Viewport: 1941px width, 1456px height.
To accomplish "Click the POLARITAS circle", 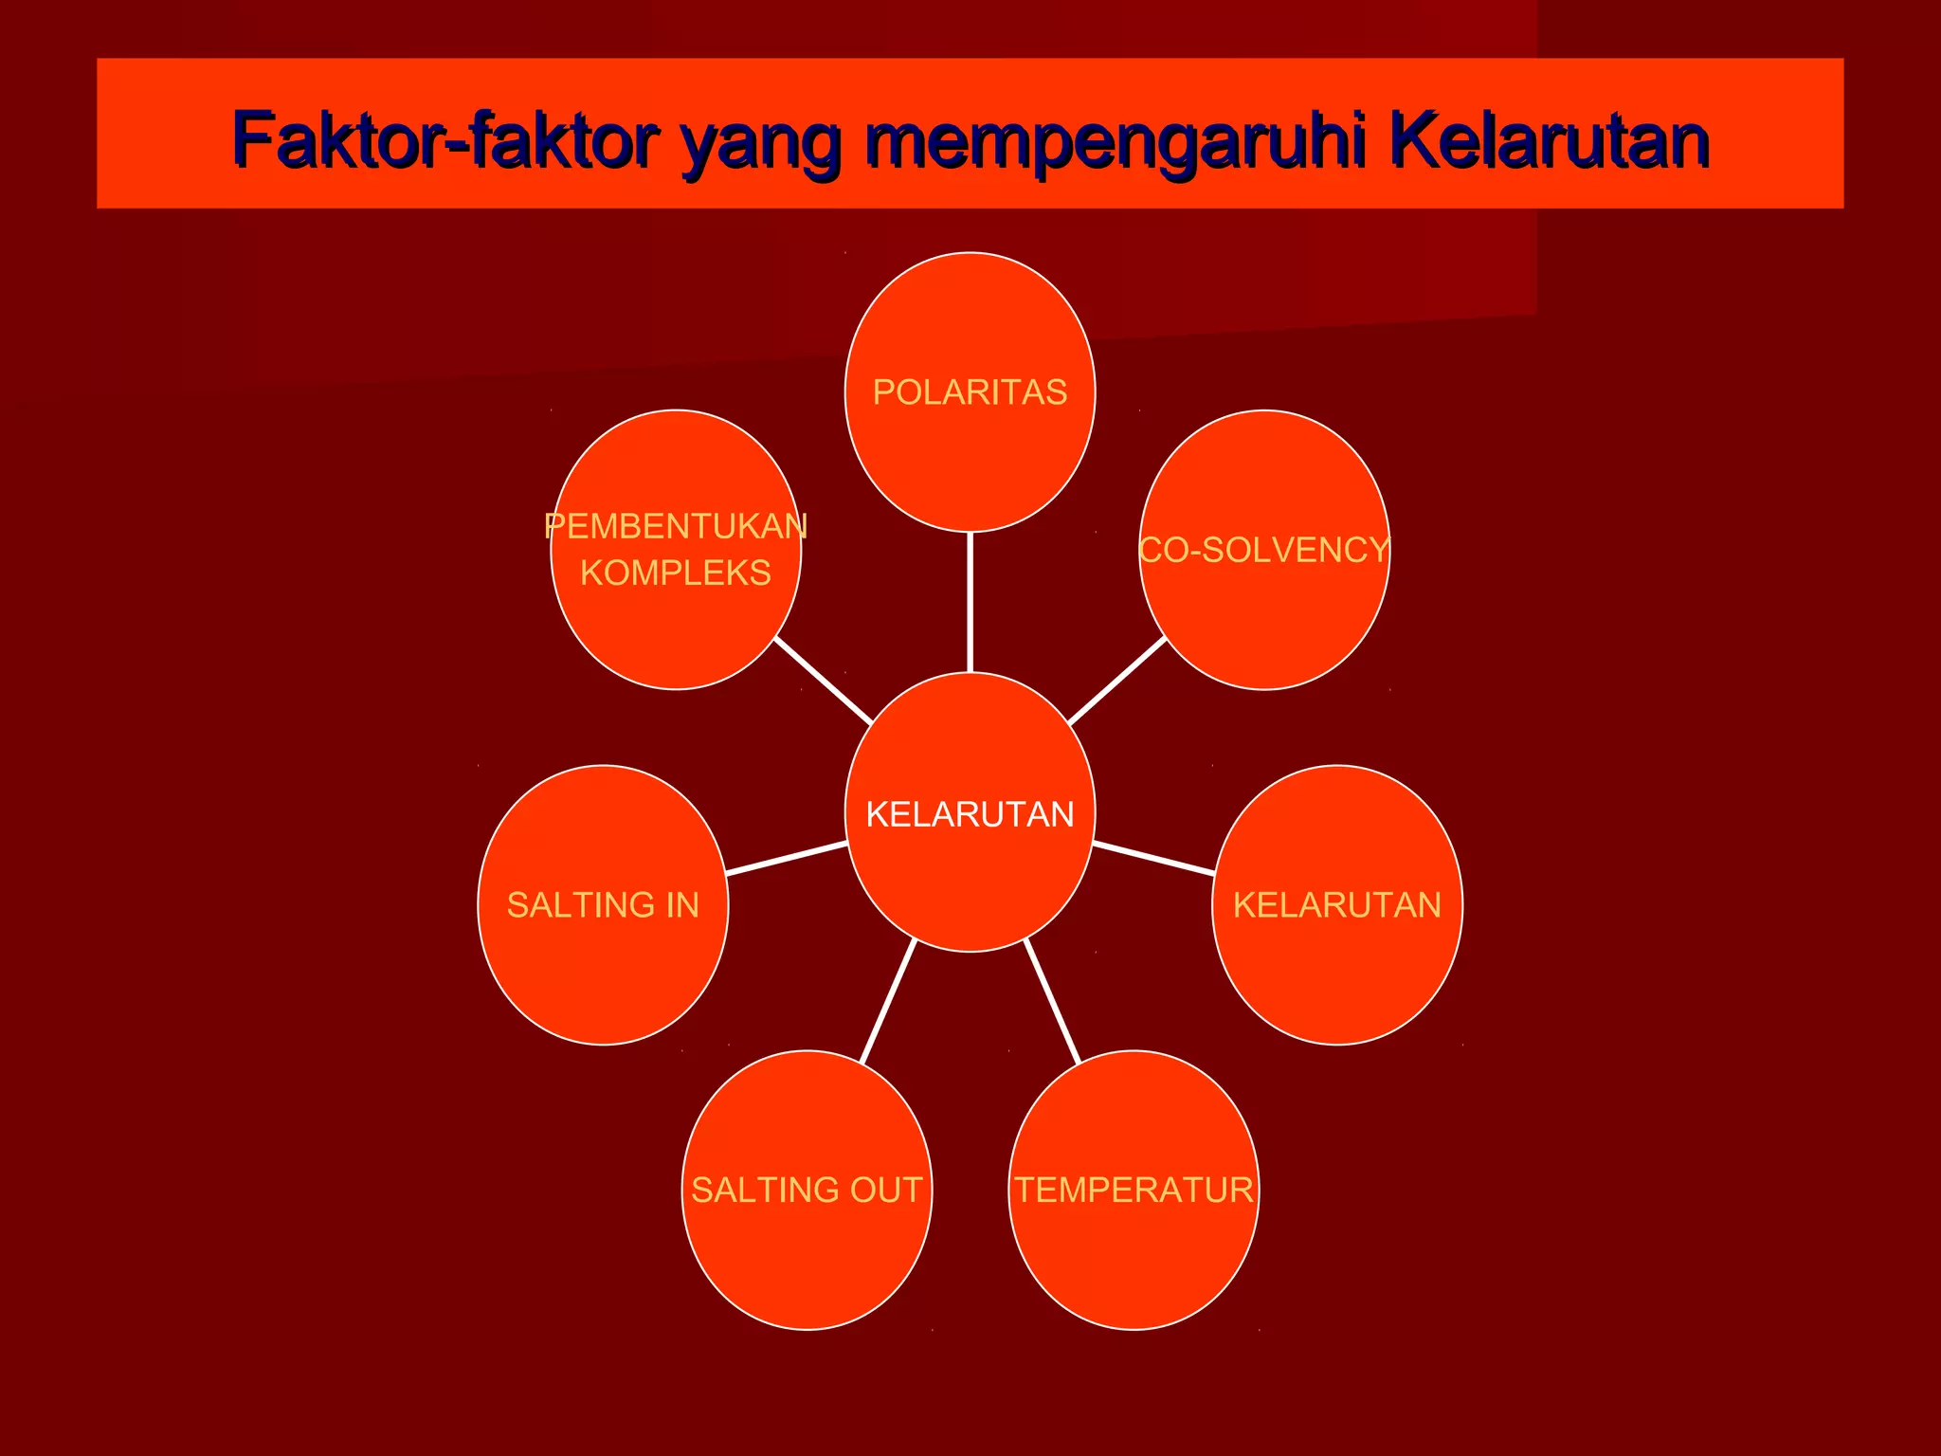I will click(970, 391).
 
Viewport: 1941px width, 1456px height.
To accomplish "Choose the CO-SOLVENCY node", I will click(1264, 550).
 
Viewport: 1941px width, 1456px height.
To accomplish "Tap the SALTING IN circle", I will click(603, 904).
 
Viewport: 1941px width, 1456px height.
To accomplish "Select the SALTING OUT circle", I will click(807, 1190).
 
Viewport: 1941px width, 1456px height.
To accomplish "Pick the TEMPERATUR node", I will click(1134, 1190).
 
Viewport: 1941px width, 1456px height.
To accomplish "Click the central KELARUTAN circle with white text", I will click(970, 813).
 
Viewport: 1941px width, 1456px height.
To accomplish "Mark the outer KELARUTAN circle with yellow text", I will click(1337, 904).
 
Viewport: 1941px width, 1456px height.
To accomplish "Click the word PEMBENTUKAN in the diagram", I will click(676, 526).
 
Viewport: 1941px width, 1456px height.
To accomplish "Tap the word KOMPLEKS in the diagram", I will click(676, 573).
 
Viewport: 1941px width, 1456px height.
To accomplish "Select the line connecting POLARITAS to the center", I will click(970, 602).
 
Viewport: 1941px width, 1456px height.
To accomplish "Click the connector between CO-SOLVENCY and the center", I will click(1117, 681).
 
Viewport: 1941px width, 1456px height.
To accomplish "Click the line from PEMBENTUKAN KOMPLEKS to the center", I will click(823, 681).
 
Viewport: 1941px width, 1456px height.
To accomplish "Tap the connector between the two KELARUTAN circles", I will click(1153, 858).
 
